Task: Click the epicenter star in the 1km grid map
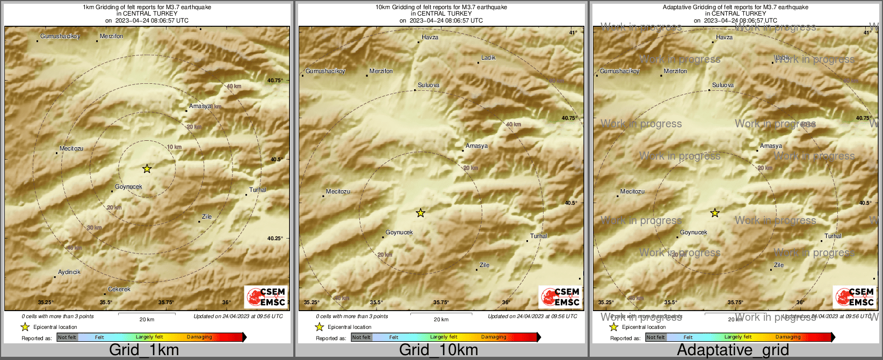[x=147, y=169]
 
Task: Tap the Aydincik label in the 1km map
[x=69, y=272]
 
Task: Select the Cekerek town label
[x=119, y=289]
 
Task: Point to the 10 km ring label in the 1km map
[x=174, y=147]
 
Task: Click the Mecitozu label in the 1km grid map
[x=71, y=148]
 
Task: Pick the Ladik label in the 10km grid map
[x=488, y=57]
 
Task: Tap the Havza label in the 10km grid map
[x=430, y=37]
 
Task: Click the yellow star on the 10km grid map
[x=421, y=213]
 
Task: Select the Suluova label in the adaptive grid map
[x=722, y=85]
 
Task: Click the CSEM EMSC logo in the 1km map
[x=266, y=297]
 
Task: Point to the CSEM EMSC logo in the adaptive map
[x=855, y=297]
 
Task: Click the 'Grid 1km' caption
[x=144, y=350]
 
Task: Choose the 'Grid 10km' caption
[x=438, y=350]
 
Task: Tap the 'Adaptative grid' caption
[x=733, y=350]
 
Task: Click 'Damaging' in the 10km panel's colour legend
[x=494, y=337]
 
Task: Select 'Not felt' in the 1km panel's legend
[x=67, y=337]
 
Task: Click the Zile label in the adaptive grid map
[x=779, y=265]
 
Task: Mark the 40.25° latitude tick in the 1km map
[x=275, y=238]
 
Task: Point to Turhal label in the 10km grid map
[x=539, y=236]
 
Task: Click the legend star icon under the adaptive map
[x=613, y=327]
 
